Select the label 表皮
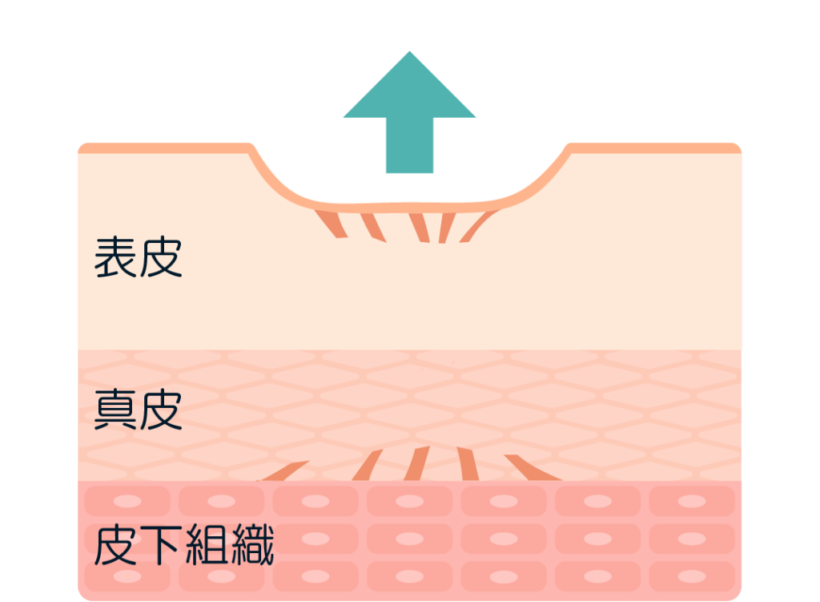click(139, 257)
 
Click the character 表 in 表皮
click(116, 257)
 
